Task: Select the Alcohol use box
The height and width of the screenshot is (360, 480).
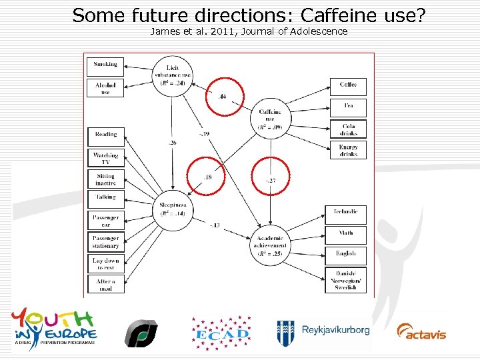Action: (105, 88)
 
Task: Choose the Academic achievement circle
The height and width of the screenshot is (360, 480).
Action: (270, 245)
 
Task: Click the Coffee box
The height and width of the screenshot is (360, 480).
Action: (348, 85)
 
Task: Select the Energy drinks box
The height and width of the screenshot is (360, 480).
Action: (348, 150)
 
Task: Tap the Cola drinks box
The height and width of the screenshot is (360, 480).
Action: (348, 129)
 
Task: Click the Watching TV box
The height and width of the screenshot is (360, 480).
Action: (105, 158)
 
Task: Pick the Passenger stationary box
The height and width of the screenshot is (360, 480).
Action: (105, 242)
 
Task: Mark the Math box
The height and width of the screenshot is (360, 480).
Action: (345, 233)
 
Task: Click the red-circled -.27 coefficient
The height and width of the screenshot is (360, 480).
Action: (270, 176)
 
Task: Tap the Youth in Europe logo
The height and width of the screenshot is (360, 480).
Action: (55, 326)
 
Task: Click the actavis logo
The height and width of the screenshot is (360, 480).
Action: (421, 331)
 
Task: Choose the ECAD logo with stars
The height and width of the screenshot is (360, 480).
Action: (221, 331)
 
